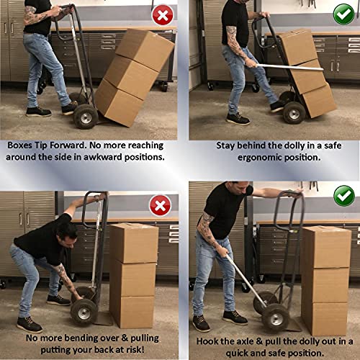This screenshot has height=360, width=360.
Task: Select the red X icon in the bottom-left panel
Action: click(x=159, y=205)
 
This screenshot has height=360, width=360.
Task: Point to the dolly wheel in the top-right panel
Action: click(x=294, y=112)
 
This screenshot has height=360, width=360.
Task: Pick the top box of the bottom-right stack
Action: click(x=326, y=247)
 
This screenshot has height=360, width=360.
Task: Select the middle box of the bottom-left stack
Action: click(x=134, y=278)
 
